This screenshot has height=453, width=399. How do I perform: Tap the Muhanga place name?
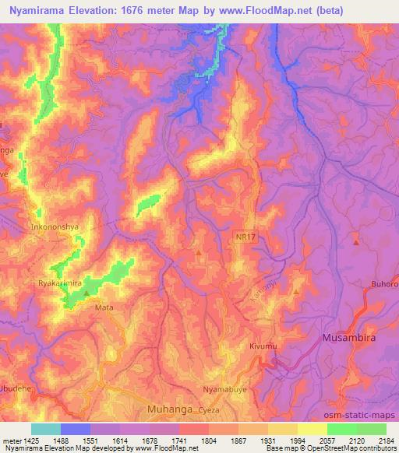coord(169,407)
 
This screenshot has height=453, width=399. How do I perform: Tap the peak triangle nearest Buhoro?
coord(356,243)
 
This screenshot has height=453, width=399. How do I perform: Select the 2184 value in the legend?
coord(387,441)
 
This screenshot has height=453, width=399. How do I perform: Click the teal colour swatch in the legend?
coord(45,429)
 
